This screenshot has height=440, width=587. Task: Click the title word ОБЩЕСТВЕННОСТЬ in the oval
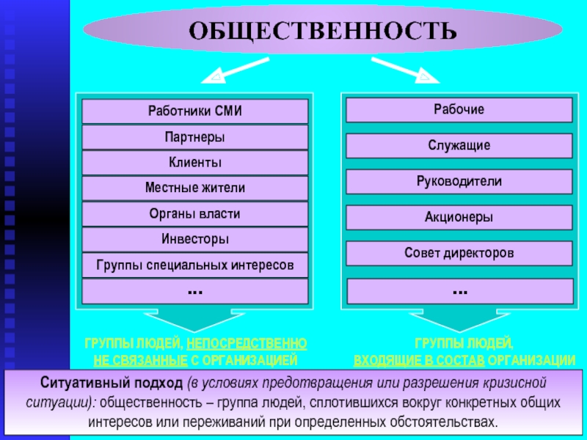(323, 32)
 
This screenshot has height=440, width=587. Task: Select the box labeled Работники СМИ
(194, 111)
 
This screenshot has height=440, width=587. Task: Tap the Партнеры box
(194, 137)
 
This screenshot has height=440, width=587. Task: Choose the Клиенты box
(194, 163)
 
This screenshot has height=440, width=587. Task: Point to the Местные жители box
(194, 188)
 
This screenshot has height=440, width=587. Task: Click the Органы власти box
(194, 214)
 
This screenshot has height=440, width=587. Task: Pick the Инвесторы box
(194, 239)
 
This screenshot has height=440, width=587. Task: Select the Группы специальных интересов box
(194, 265)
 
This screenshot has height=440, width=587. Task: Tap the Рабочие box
(459, 109)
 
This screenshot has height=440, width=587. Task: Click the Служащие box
(459, 146)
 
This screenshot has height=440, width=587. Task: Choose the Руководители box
(459, 181)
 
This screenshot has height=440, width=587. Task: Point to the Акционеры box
(459, 217)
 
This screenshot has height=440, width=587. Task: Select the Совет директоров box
(459, 253)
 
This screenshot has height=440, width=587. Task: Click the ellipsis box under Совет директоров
(459, 291)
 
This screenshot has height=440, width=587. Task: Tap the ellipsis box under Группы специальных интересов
(194, 291)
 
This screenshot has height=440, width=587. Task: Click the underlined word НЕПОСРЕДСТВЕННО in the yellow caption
(247, 344)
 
